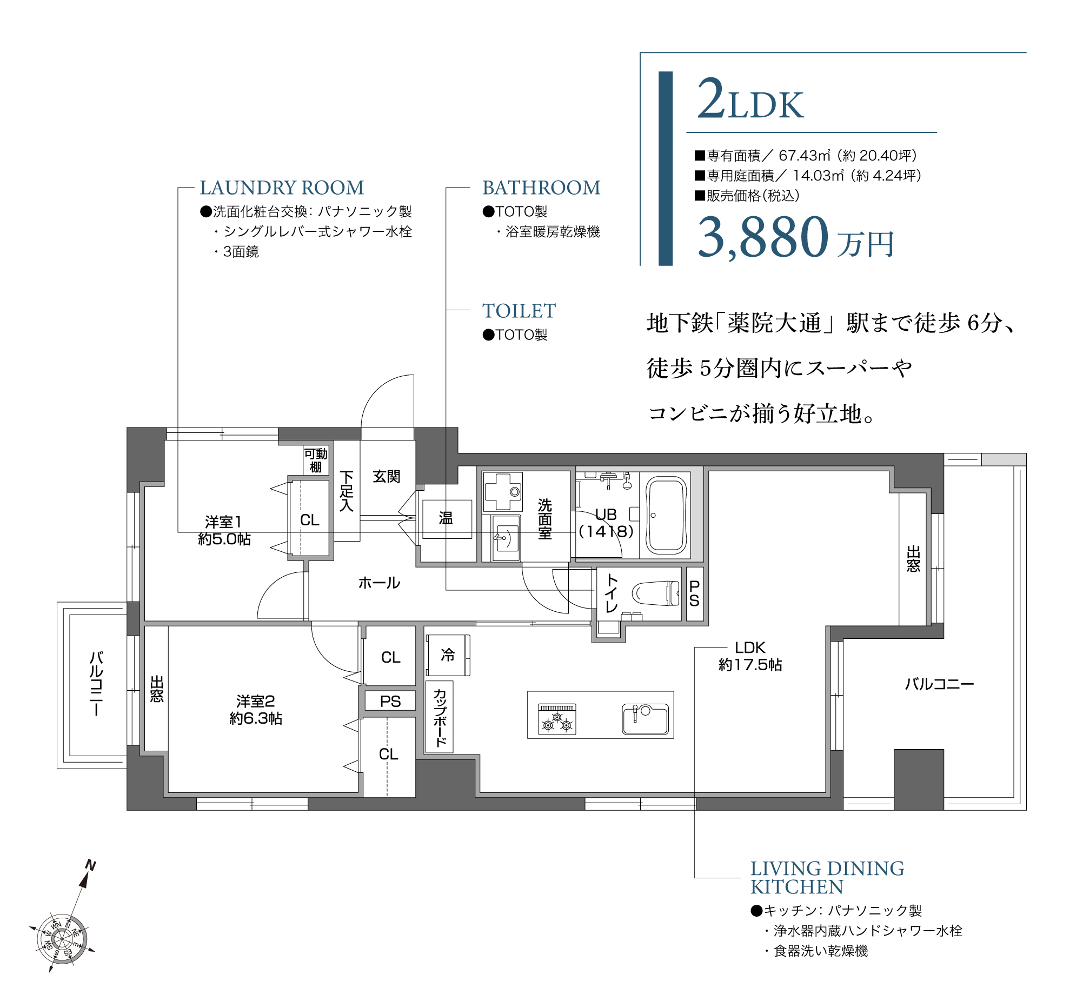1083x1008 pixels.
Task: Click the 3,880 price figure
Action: tap(763, 237)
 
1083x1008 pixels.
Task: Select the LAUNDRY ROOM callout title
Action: tap(282, 188)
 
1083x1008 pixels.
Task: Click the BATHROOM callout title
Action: tap(541, 188)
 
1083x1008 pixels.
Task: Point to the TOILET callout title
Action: tap(519, 311)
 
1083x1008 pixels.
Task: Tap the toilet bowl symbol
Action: tap(655, 593)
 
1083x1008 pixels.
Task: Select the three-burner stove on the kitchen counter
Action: tap(557, 719)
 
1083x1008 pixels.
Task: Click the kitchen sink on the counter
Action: tap(645, 719)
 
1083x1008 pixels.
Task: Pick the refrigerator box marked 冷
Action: tap(448, 655)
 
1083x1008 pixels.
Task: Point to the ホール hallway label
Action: tap(379, 583)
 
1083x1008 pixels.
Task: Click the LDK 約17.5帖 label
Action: tap(749, 656)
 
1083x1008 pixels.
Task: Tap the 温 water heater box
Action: tap(446, 518)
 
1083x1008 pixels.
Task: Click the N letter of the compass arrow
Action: tap(91, 865)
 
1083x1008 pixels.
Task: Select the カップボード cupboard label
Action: tap(440, 717)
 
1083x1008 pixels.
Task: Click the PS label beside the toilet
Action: tap(694, 593)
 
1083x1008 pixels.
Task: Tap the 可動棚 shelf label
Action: tap(315, 460)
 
